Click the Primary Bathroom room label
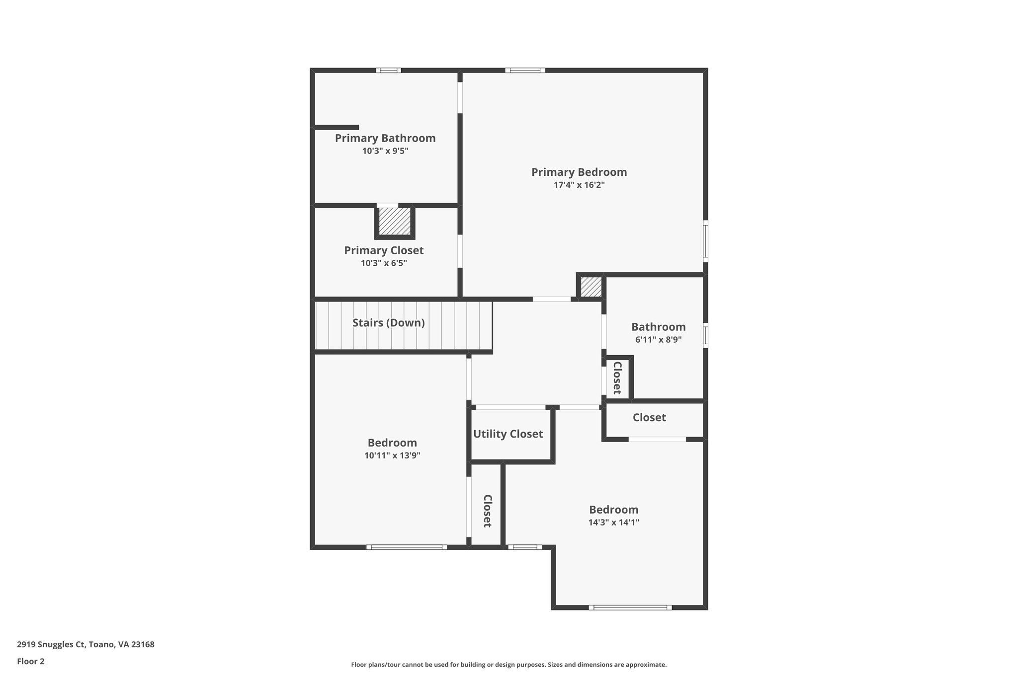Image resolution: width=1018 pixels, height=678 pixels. [x=385, y=138]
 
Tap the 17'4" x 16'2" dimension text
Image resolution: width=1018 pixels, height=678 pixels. [x=579, y=185]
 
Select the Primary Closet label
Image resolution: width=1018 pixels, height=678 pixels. [x=384, y=250]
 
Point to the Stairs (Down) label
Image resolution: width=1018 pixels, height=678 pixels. [x=388, y=323]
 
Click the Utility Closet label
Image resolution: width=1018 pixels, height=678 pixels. [x=508, y=434]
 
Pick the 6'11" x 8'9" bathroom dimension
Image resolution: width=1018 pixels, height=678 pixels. [x=658, y=340]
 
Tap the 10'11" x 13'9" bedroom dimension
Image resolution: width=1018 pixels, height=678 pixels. [x=392, y=455]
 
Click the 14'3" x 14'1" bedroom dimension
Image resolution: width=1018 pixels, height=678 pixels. [x=613, y=523]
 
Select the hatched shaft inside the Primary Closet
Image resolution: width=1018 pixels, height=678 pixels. [x=395, y=222]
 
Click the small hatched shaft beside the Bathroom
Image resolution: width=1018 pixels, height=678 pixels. [x=591, y=287]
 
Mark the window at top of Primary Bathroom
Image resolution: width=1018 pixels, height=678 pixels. [x=388, y=71]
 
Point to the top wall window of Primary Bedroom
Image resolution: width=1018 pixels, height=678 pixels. [x=525, y=71]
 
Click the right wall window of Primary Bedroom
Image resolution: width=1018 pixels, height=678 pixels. [x=705, y=241]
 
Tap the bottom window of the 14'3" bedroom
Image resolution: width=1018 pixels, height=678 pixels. [x=630, y=607]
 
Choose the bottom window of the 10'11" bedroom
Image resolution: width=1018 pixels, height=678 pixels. [x=407, y=547]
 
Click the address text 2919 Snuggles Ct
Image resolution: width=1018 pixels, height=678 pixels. [x=85, y=645]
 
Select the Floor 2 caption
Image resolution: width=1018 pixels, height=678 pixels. [x=31, y=661]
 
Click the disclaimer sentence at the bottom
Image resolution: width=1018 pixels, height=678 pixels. [x=509, y=665]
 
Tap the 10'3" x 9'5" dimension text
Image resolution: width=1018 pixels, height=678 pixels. [x=385, y=151]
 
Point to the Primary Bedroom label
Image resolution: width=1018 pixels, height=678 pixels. [x=579, y=172]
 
